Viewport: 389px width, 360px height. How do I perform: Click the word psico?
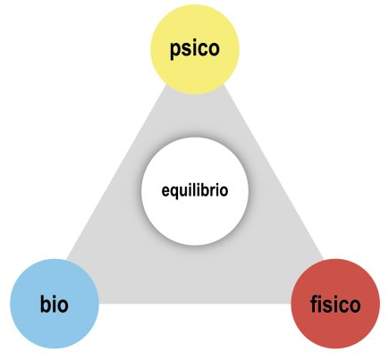[x=195, y=49]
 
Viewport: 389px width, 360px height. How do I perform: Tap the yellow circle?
[x=195, y=49]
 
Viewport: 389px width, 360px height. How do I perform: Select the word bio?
[x=55, y=304]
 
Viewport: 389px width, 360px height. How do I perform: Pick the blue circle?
[x=55, y=304]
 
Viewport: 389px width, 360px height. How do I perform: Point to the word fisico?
[x=335, y=304]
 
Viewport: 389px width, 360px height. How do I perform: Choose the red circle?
[x=335, y=304]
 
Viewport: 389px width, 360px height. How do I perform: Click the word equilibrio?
[x=195, y=191]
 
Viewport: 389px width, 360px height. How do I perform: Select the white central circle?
[x=195, y=191]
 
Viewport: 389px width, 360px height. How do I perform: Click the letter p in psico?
[x=175, y=51]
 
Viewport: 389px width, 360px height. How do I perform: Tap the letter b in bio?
[x=46, y=304]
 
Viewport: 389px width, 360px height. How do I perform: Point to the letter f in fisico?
[x=314, y=304]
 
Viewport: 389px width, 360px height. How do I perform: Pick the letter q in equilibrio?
[x=174, y=192]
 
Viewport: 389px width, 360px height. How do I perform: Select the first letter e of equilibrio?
[x=165, y=191]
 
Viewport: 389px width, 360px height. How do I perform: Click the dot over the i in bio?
[x=55, y=296]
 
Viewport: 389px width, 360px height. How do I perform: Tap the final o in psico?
[x=214, y=49]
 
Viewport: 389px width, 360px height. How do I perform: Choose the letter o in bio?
[x=63, y=306]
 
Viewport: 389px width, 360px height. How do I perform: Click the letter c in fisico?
[x=342, y=306]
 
